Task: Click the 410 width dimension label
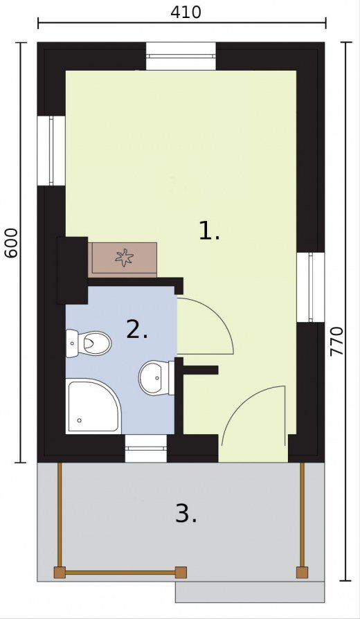186,12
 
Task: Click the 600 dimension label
12,243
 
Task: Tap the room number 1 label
209,231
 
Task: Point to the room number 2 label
136,330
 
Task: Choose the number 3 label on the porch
186,514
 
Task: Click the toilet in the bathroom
89,343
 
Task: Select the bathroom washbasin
156,377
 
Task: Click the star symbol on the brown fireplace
124,258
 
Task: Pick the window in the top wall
181,56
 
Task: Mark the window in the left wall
51,150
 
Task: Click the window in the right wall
311,287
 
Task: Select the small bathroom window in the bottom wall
145,448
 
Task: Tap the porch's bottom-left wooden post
60,573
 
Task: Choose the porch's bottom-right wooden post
302,573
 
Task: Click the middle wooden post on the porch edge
181,573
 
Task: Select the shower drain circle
80,421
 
